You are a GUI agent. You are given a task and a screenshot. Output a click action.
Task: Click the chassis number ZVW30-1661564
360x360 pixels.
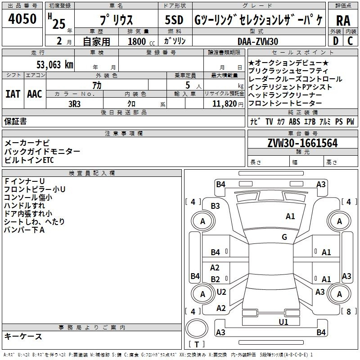pos(302,143)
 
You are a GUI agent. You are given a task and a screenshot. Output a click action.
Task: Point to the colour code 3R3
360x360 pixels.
pos(75,103)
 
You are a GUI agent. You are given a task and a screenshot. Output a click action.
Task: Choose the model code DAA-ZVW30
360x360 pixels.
pos(258,41)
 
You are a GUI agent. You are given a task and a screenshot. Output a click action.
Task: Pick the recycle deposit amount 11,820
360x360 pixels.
pos(224,103)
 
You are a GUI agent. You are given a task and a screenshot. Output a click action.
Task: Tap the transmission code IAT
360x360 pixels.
pos(13,94)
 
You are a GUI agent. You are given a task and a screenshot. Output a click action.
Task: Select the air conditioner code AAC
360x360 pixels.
pos(35,94)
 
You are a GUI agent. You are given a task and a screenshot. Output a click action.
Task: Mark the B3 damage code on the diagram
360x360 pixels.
pos(216,206)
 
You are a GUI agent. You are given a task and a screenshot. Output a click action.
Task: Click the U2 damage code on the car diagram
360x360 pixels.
pos(221,292)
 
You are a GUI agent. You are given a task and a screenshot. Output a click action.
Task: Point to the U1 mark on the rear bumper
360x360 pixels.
pos(283,322)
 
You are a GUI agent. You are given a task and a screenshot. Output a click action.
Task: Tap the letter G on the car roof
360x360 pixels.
pos(284,237)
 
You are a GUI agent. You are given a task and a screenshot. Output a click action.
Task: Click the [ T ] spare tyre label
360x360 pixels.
pos(196,344)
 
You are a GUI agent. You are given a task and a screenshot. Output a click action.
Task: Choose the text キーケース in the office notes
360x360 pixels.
pos(23,337)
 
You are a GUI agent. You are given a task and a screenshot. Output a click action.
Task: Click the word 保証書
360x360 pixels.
pos(15,121)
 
